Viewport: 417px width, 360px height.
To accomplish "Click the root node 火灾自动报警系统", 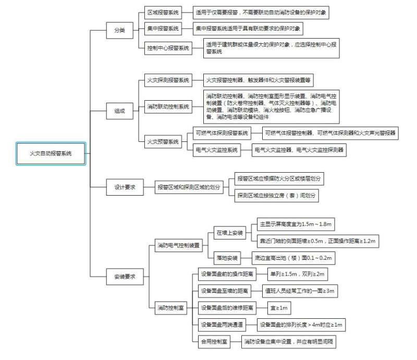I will [50, 153].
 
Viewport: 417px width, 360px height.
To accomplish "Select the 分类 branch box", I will [119, 30].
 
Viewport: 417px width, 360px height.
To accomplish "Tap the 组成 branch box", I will [119, 111].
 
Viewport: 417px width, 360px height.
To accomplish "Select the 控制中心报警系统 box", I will [167, 48].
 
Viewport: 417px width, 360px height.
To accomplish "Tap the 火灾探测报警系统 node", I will [167, 80].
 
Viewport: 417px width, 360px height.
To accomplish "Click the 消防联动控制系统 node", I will [167, 107].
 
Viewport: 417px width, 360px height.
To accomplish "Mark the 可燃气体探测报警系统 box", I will [222, 133].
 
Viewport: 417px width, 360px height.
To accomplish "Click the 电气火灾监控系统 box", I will [216, 150].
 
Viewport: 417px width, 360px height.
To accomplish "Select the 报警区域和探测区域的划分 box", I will [189, 187].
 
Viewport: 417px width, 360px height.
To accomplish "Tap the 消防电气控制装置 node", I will [179, 245].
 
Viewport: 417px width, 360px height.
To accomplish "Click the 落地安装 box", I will [227, 258].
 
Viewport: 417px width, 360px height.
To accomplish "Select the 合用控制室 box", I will [214, 342].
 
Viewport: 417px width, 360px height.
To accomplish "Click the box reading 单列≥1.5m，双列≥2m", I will [298, 273].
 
